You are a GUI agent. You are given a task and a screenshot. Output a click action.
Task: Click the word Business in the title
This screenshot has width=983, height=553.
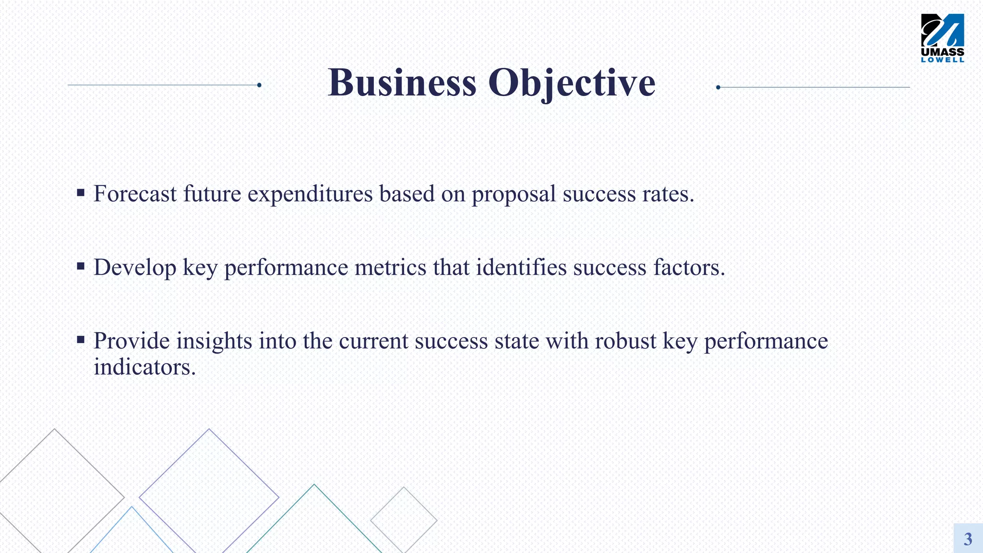tap(402, 83)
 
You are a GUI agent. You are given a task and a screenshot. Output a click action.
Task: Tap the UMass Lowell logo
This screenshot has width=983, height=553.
tap(942, 38)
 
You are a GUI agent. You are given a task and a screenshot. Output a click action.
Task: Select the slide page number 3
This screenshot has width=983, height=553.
tap(968, 539)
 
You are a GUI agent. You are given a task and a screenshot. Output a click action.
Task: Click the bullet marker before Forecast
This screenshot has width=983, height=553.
tap(81, 193)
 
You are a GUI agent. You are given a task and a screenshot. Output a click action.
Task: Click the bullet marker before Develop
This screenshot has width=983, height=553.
tap(81, 266)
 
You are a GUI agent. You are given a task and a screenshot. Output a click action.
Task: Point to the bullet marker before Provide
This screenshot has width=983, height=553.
tap(81, 340)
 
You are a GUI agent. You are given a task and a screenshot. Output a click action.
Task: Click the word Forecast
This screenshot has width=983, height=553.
tap(135, 194)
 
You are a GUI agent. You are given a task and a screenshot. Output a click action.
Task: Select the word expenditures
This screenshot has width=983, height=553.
tap(310, 194)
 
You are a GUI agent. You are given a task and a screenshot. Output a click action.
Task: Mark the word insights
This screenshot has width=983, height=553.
tap(214, 341)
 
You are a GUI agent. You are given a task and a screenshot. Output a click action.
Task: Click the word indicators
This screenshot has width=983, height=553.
tap(144, 367)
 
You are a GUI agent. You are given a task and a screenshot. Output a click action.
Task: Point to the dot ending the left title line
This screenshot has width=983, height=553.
tap(259, 85)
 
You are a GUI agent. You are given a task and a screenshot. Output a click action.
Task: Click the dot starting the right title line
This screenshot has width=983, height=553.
tap(718, 87)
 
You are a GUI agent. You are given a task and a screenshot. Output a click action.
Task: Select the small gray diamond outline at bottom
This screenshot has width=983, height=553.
tap(404, 520)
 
